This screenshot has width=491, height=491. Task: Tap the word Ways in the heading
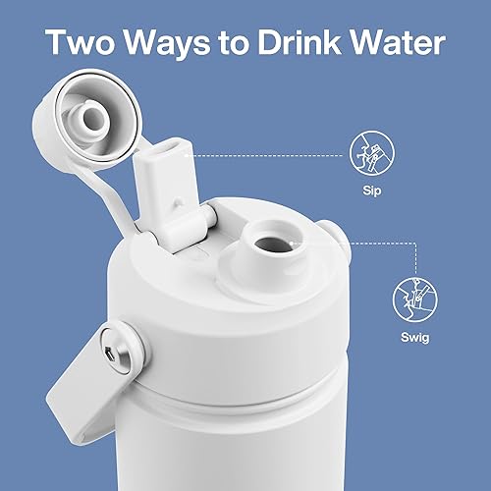pos(169,44)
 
